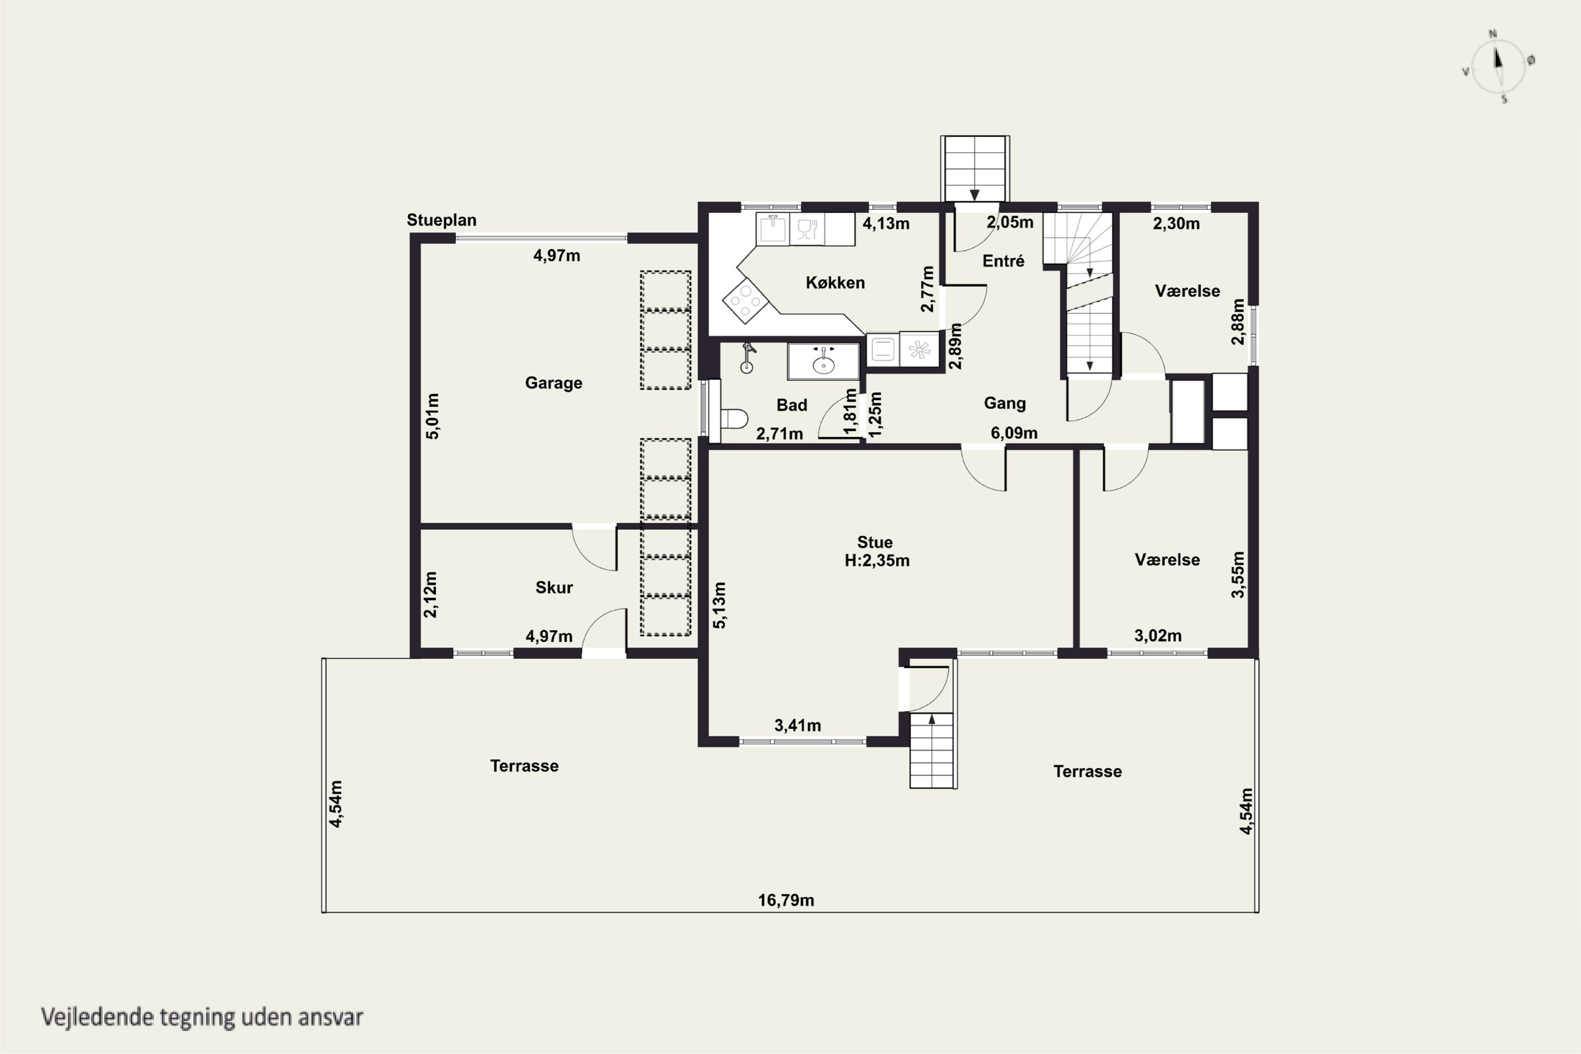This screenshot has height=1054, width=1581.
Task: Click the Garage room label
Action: point(553,383)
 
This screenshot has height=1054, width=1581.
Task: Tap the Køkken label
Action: point(835,282)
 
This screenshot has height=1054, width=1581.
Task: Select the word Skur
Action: point(554,588)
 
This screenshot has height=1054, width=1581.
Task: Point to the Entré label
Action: point(1003,261)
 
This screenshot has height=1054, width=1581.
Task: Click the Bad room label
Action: point(791,405)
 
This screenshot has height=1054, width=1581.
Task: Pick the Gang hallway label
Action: point(1004,403)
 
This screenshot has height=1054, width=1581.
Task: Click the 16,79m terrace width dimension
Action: point(786,900)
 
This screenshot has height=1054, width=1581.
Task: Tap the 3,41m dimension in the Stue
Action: point(797,725)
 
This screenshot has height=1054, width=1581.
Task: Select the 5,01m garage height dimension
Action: point(433,416)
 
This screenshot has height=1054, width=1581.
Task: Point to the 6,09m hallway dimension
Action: point(1013,433)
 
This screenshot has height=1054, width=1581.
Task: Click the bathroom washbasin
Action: point(823,362)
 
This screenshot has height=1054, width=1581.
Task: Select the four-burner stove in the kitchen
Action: point(745,301)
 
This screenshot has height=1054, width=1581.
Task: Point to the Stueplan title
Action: point(441,220)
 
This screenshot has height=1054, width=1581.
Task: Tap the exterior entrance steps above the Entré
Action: point(974,169)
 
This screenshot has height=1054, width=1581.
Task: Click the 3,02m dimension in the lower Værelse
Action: point(1157,635)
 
